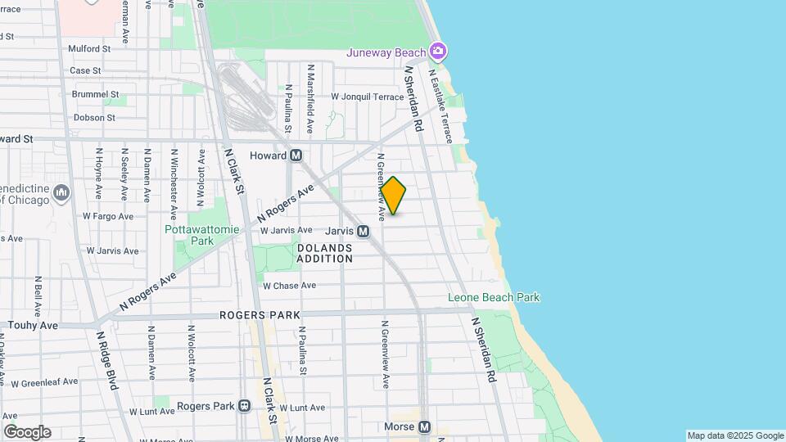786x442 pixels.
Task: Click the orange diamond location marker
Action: point(394,196)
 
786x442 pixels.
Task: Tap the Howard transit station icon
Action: point(296,156)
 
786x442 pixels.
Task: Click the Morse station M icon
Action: point(424,427)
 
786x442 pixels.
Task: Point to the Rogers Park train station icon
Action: point(244,406)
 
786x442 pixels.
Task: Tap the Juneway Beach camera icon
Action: point(438,52)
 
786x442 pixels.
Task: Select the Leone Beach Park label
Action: point(494,298)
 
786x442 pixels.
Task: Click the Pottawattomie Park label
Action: point(202,235)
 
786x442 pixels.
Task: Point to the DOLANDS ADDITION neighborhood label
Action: point(324,252)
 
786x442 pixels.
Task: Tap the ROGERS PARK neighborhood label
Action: point(260,315)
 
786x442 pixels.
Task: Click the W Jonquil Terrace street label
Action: point(368,97)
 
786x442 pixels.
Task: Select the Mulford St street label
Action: point(90,49)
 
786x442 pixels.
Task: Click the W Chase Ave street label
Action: point(289,286)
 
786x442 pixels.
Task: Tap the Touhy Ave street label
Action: point(33,325)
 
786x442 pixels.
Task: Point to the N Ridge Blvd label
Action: point(106,359)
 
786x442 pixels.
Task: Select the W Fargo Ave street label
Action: point(107,217)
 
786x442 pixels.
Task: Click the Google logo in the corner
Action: point(27,432)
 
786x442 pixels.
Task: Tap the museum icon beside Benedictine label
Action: point(61,192)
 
